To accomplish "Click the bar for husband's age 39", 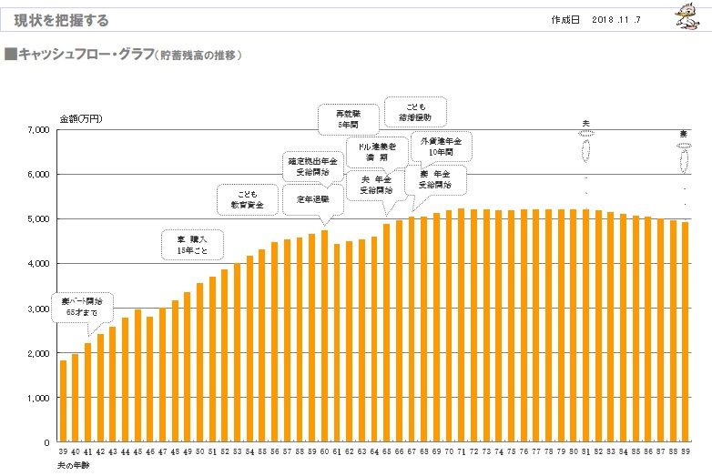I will tap(63, 401).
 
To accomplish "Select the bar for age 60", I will tap(324, 336).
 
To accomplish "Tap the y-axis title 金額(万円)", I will tap(81, 118).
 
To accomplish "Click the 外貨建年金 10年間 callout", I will tap(442, 147).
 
